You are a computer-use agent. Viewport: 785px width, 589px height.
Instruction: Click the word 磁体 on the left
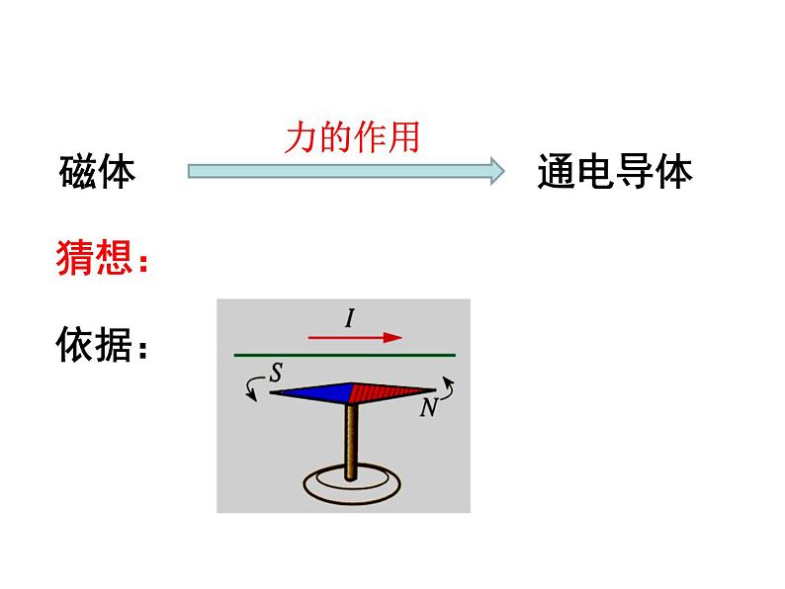point(97,172)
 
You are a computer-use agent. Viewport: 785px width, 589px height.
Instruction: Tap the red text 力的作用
point(352,136)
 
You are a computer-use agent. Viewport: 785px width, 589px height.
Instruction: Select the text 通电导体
point(615,172)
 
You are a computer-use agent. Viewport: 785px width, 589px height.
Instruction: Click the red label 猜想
point(97,259)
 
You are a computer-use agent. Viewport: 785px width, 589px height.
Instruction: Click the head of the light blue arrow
point(492,171)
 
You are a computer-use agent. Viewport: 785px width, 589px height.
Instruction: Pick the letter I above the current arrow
point(349,317)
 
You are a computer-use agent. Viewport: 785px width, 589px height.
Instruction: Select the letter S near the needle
point(276,373)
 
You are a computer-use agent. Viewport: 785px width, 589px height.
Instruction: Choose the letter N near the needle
point(427,406)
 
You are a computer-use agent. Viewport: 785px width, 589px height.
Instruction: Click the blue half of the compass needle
point(311,393)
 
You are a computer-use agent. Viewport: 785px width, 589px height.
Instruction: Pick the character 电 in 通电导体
point(595,172)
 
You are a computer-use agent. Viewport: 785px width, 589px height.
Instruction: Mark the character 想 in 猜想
point(115,259)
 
